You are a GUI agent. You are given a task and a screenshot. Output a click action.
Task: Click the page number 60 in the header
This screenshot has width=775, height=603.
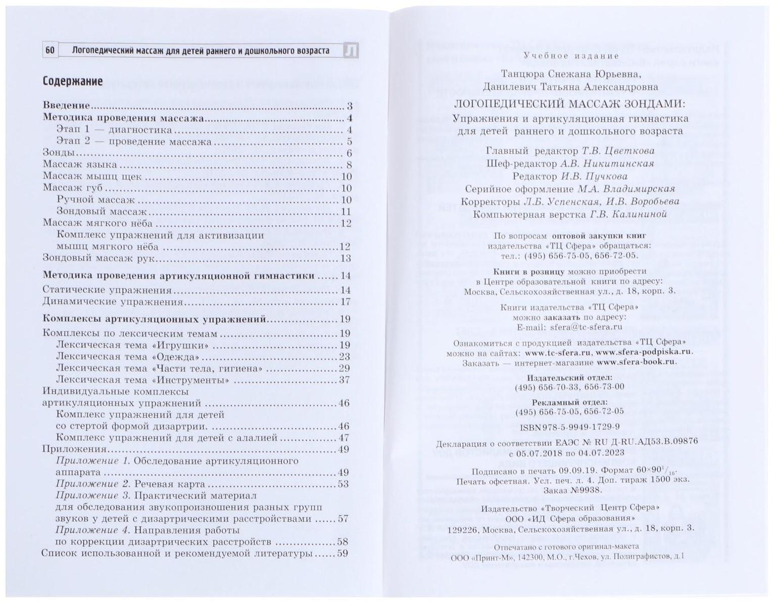[x=50, y=51]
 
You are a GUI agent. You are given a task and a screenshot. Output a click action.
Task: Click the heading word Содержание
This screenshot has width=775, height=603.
[x=72, y=81]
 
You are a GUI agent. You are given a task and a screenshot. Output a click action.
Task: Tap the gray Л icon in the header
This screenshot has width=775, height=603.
[x=351, y=51]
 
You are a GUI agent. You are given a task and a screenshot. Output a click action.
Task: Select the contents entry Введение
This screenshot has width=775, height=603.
[x=66, y=106]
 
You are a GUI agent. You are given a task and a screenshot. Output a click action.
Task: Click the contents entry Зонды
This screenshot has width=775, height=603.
[x=59, y=153]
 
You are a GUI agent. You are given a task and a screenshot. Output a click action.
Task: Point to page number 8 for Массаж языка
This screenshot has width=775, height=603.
[x=349, y=165]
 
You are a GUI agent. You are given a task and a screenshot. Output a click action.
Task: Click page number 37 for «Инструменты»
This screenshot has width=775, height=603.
[x=344, y=380]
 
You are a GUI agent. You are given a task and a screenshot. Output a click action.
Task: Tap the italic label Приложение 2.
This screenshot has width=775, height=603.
[x=93, y=484]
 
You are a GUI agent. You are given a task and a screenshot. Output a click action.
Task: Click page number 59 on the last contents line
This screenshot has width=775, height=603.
[x=343, y=554]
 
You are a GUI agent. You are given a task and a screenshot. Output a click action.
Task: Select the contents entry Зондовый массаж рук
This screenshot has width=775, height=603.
[x=99, y=259]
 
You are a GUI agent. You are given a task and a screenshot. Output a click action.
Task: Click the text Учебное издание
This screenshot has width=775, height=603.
[x=571, y=56]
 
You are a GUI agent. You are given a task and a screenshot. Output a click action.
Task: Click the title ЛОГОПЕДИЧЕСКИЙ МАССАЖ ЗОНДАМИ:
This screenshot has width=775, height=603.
[x=570, y=105]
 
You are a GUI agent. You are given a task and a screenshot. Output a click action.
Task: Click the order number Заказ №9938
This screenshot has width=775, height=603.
[x=572, y=490]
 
